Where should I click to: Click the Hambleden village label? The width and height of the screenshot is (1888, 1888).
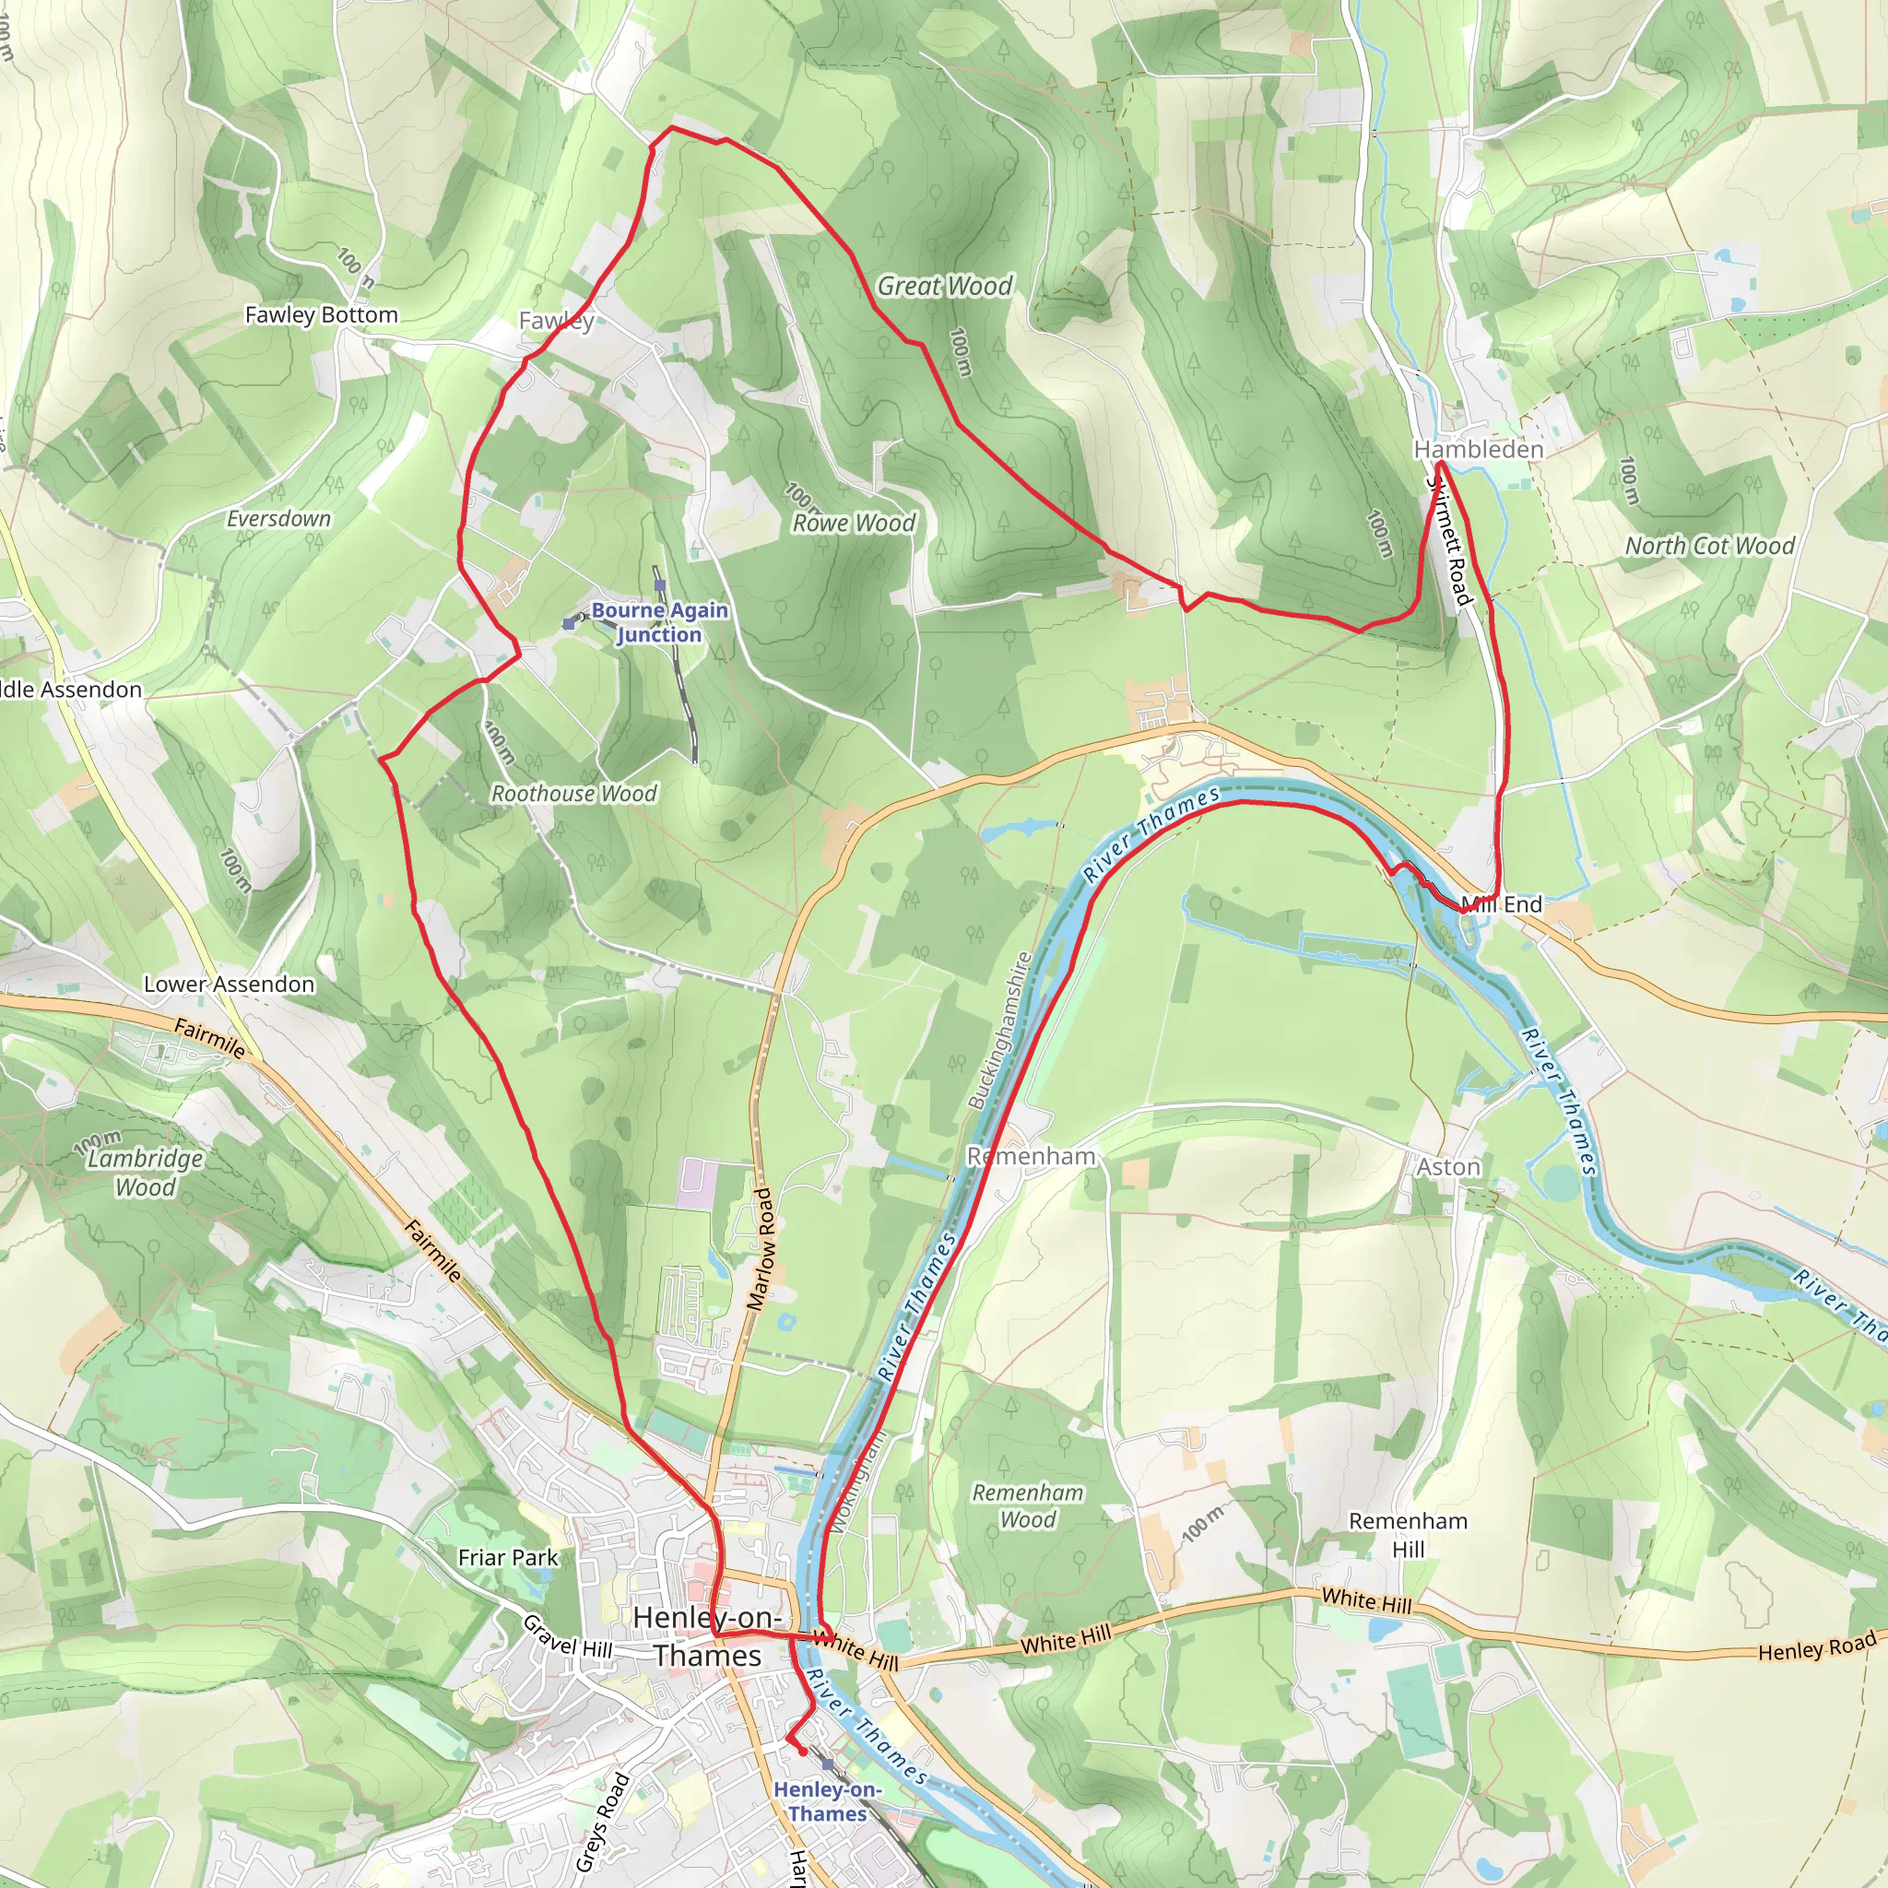(x=1479, y=450)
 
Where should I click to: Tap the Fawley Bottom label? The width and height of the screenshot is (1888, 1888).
(x=322, y=314)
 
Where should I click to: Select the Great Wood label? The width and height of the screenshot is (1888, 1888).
(x=944, y=287)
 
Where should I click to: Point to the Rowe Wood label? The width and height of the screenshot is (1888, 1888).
(x=853, y=523)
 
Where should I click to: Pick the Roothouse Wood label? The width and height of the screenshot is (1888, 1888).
(x=573, y=794)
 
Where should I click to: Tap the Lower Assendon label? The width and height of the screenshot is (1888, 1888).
(x=229, y=984)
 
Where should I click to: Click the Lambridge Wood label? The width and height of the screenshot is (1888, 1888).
(x=146, y=1173)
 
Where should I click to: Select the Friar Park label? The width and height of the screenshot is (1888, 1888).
(x=507, y=1558)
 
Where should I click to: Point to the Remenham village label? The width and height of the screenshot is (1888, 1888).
(x=1031, y=1156)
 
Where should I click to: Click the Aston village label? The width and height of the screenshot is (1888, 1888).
(x=1448, y=1167)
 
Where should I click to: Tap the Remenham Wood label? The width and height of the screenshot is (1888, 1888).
(x=1027, y=1506)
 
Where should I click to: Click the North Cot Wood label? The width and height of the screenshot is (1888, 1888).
(x=1709, y=547)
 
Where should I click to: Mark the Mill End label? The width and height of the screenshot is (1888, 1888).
(x=1504, y=904)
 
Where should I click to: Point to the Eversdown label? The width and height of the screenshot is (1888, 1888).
(x=278, y=519)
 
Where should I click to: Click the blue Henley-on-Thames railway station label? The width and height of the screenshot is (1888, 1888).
(x=827, y=1801)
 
